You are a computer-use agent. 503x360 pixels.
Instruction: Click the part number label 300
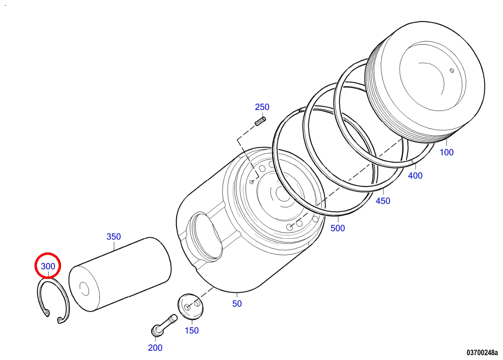coord(48,266)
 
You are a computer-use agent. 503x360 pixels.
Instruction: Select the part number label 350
coord(114,237)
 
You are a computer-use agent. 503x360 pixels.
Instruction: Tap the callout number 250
coord(262,107)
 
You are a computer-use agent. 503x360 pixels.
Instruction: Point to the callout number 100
coord(446,153)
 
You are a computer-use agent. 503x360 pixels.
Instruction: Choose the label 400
coord(415,176)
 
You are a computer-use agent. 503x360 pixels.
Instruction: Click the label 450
coord(383,201)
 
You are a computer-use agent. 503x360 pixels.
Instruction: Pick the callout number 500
coord(338,228)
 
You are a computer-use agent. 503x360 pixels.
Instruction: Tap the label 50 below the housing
coord(237,304)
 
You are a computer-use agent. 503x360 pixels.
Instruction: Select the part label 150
coord(191,331)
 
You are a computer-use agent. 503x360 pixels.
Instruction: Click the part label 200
coord(155,348)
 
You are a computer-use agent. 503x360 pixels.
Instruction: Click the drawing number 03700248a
coord(482,353)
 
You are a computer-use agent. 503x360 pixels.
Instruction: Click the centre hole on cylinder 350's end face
coord(84,289)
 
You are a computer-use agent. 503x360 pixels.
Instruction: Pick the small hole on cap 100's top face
coord(452,71)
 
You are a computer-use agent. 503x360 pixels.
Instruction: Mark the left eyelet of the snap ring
coord(47,312)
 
